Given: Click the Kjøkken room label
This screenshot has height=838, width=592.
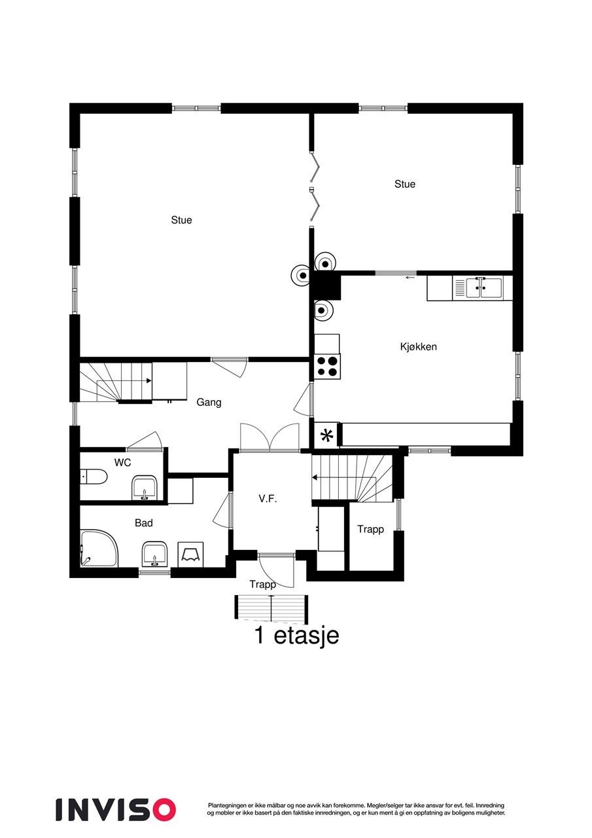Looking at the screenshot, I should click(418, 346).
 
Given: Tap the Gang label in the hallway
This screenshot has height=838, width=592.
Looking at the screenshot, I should click(209, 402).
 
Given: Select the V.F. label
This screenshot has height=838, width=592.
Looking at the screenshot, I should click(268, 499).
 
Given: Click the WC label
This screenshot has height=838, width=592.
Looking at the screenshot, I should click(122, 462).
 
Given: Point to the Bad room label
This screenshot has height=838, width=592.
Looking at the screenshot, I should click(143, 523).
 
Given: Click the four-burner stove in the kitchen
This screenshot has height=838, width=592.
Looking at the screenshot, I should click(327, 365).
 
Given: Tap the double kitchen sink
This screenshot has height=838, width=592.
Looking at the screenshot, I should click(483, 287).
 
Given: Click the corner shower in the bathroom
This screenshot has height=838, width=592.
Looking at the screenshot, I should click(99, 549).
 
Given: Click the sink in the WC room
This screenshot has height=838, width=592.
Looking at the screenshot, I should click(144, 488).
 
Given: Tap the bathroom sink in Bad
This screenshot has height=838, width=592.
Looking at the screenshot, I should click(154, 553).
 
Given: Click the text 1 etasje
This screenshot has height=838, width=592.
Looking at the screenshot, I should click(296, 635).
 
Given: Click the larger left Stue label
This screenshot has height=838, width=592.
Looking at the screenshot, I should click(181, 220).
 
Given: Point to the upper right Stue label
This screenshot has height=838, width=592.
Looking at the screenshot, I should click(404, 184).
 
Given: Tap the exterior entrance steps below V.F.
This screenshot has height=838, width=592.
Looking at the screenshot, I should click(271, 608).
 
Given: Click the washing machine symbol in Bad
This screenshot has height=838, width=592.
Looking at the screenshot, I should click(191, 555).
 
